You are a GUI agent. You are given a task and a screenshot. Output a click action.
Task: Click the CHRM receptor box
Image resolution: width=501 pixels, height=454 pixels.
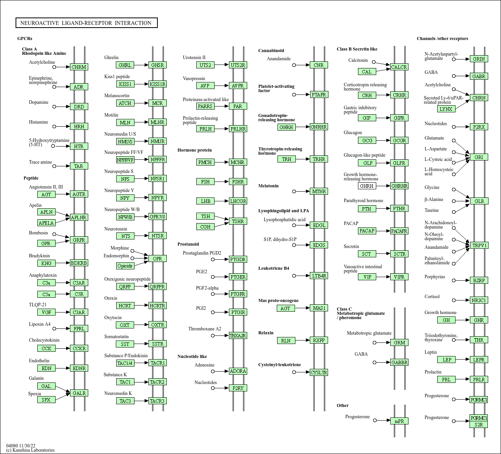click(x=79, y=67)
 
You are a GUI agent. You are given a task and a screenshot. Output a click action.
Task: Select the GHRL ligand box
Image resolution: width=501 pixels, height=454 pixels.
click(x=125, y=65)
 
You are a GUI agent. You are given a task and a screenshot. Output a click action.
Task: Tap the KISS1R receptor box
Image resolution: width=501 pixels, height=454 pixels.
click(x=157, y=84)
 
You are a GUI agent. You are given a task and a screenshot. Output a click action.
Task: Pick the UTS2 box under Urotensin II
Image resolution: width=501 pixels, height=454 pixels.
click(x=205, y=65)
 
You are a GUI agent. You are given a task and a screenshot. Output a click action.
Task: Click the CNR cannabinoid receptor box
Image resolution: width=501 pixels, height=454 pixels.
click(x=319, y=65)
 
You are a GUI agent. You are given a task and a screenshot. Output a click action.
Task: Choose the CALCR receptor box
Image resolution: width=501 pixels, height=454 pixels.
click(x=399, y=67)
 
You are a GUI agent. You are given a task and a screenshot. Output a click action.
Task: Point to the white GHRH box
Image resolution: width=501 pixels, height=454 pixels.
click(x=367, y=186)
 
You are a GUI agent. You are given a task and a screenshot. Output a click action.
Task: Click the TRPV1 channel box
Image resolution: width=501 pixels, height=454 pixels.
click(x=479, y=245)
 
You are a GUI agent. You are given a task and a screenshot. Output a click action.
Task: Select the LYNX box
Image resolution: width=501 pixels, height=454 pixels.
click(x=446, y=109)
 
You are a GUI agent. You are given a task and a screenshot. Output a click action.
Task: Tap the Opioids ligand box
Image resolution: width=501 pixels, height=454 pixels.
click(x=125, y=266)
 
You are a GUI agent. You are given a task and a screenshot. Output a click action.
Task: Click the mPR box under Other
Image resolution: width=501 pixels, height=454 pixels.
click(x=399, y=421)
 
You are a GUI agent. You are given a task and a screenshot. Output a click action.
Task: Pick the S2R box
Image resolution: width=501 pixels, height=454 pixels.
click(x=478, y=424)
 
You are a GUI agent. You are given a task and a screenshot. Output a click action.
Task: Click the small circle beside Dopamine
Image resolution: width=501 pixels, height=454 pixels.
click(x=54, y=107)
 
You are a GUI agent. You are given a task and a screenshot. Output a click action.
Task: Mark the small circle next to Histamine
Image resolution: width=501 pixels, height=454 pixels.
click(x=54, y=126)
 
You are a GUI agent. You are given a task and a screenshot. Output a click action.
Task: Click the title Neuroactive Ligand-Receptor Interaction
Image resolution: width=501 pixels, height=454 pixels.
click(x=86, y=23)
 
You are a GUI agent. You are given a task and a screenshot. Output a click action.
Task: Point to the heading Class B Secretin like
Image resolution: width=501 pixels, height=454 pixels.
click(x=357, y=49)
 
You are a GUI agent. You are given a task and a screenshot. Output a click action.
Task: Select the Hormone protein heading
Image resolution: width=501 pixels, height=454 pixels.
click(x=194, y=150)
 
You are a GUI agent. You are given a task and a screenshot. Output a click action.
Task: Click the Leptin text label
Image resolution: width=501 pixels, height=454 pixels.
click(x=430, y=352)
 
